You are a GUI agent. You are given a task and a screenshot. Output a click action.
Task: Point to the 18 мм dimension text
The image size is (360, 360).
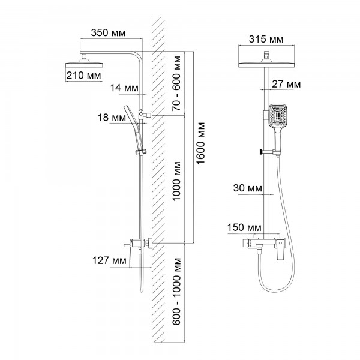pos(111,118)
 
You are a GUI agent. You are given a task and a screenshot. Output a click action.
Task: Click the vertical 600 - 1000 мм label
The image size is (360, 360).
pos(176,292)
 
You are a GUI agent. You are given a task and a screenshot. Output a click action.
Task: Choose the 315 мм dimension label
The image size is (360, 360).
pos(265,40)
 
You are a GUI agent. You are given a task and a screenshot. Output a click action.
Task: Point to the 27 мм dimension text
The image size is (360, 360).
pos(286,85)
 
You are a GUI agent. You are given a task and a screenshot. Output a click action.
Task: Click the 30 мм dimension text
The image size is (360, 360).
pos(247,188)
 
